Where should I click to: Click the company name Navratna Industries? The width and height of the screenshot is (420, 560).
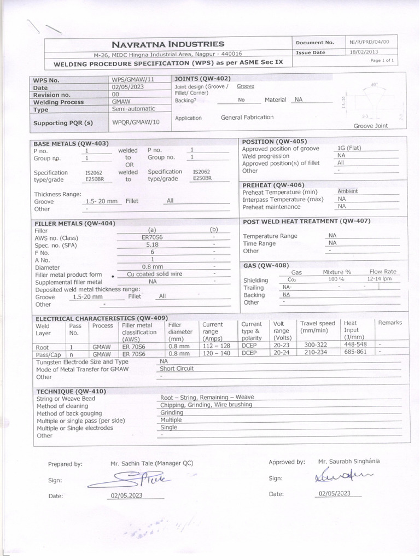click(x=168, y=44)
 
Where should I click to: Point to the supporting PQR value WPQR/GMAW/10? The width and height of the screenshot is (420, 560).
click(x=136, y=122)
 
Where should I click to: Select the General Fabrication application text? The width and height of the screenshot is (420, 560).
click(x=247, y=118)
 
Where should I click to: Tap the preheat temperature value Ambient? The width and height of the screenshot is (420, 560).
click(x=348, y=191)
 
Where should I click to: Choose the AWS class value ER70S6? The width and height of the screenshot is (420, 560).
click(x=152, y=238)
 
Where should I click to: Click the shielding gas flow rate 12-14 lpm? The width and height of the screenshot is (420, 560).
click(x=380, y=279)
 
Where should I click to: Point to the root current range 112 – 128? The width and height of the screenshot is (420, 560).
click(x=217, y=347)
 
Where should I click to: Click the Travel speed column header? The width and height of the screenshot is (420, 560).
click(x=317, y=327)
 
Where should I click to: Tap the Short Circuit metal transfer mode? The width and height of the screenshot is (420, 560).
click(x=177, y=369)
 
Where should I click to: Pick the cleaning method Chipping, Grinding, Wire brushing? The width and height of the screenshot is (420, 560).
click(x=206, y=405)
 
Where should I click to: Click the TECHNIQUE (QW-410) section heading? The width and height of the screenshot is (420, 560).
click(x=71, y=392)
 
